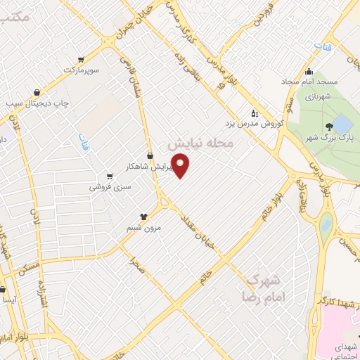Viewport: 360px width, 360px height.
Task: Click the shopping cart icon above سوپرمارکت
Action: click(x=82, y=59)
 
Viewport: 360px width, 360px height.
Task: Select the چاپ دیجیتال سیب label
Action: click(x=36, y=103)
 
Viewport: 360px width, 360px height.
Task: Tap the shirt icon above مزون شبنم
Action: click(x=143, y=217)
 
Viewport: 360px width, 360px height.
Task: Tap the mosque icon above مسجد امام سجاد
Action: click(x=309, y=71)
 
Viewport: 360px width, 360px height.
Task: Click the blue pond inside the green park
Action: click(x=342, y=125)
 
